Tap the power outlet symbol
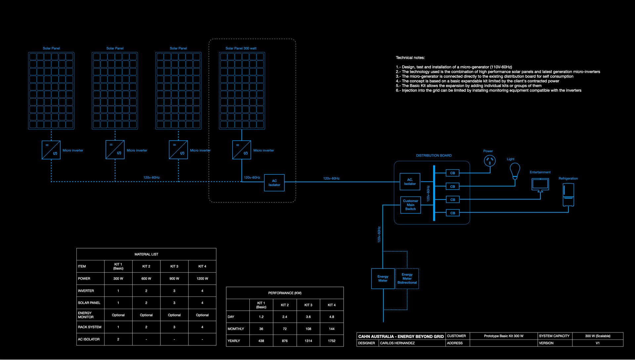489,161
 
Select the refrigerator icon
568,195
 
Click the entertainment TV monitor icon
540,184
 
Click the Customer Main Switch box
410,205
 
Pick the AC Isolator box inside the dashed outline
274,183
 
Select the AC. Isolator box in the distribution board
410,182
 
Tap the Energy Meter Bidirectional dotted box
407,279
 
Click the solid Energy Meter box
383,279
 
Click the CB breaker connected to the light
452,187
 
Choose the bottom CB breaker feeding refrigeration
452,213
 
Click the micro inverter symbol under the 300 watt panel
242,150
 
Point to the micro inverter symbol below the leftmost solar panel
51,150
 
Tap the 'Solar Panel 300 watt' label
241,48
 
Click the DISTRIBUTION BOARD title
434,156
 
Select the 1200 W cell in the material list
202,279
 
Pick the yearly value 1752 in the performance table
331,341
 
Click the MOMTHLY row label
236,329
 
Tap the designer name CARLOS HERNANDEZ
397,343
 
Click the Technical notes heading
410,58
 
